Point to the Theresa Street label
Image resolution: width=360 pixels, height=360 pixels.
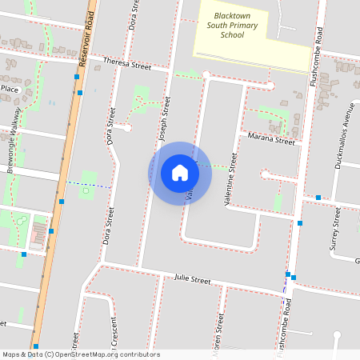tap(131, 63)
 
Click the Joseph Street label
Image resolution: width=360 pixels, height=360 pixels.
tap(164, 120)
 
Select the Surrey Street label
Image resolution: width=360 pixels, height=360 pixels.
tap(336, 230)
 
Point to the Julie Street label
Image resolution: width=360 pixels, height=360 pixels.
tap(193, 280)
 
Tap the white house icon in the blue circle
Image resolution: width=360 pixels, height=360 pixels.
tap(179, 173)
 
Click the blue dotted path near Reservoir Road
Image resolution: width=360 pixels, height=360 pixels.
tap(88, 185)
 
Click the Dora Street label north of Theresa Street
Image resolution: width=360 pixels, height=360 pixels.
tap(133, 16)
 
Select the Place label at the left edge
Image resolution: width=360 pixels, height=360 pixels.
tap(9, 89)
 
